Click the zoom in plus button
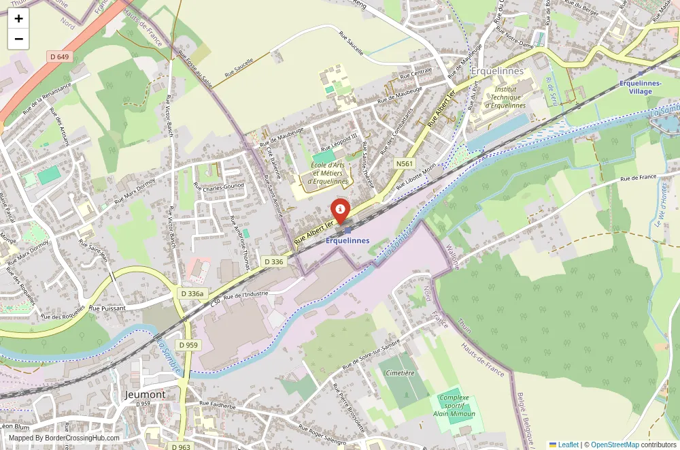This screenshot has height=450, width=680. click(18, 18)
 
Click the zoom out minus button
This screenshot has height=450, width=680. click(18, 39)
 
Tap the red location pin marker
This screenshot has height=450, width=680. click(340, 209)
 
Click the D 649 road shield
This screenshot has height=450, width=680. click(59, 57)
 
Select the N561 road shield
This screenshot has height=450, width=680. click(405, 163)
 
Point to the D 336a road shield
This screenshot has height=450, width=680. click(192, 293)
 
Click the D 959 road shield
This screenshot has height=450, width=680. click(188, 345)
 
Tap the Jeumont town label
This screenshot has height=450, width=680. click(146, 394)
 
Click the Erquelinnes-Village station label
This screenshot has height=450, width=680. click(641, 87)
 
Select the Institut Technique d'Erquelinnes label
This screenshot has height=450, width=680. click(505, 97)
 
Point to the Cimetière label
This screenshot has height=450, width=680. click(400, 373)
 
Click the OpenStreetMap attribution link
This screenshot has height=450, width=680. click(615, 445)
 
